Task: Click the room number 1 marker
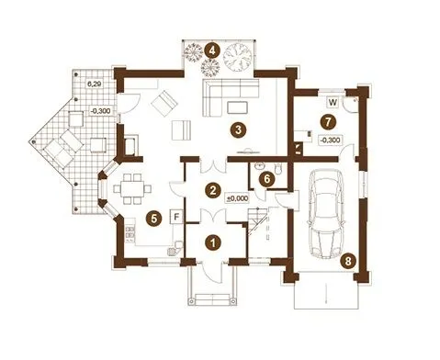coord(213,242)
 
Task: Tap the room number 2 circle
coord(213,190)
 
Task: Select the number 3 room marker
coord(238,129)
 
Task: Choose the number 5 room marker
coord(154,219)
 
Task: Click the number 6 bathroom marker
coord(267,179)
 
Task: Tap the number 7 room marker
coord(328,122)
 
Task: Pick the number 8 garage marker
coord(348,261)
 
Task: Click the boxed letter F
coord(176,217)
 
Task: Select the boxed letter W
coord(333,102)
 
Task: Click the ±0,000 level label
coord(237,198)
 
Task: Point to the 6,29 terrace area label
coord(94,84)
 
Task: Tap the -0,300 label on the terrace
coord(101,111)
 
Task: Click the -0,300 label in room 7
coord(330,140)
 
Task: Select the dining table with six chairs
coord(132,189)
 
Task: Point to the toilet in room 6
coord(279,169)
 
